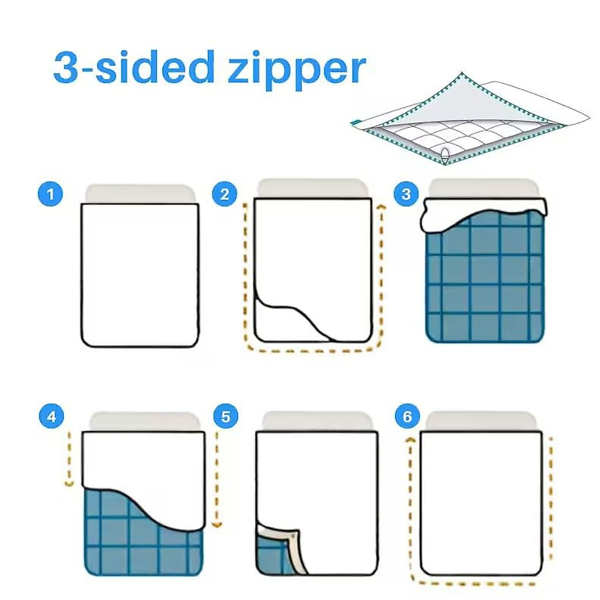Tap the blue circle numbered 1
point(50,193)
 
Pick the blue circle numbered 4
point(52,416)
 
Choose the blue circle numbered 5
point(225,416)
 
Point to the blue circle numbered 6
point(407,416)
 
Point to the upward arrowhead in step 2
point(381,206)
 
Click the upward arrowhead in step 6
point(410,439)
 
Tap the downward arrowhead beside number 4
point(69,483)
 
